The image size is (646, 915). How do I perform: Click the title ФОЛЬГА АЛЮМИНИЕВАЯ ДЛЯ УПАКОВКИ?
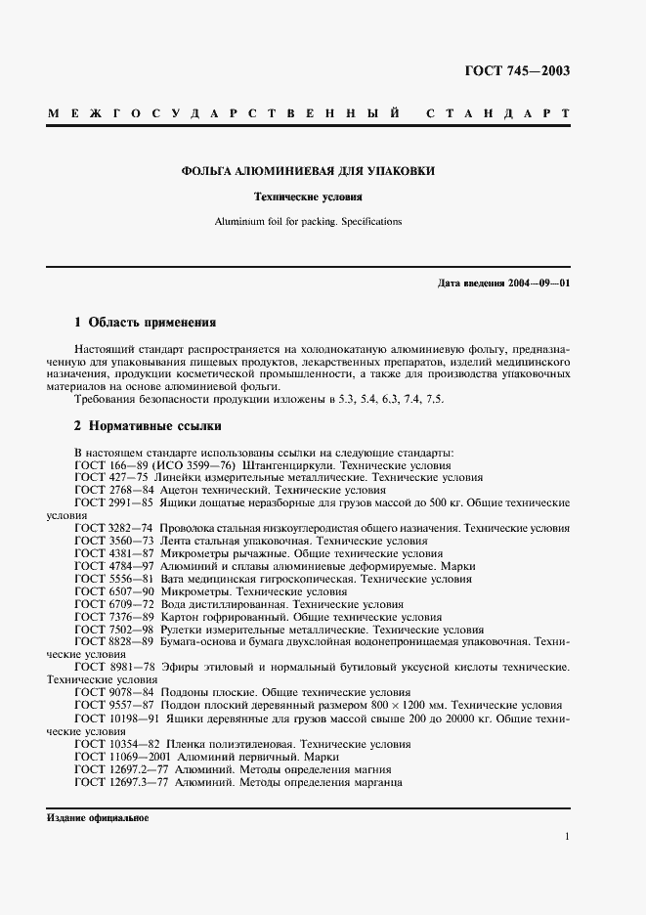[308, 171]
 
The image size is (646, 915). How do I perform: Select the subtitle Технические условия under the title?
[308, 196]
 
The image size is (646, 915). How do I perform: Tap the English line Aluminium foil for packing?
[308, 222]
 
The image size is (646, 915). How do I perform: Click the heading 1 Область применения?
[145, 322]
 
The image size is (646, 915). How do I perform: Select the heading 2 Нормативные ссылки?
[148, 426]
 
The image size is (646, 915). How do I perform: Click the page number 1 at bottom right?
[567, 837]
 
